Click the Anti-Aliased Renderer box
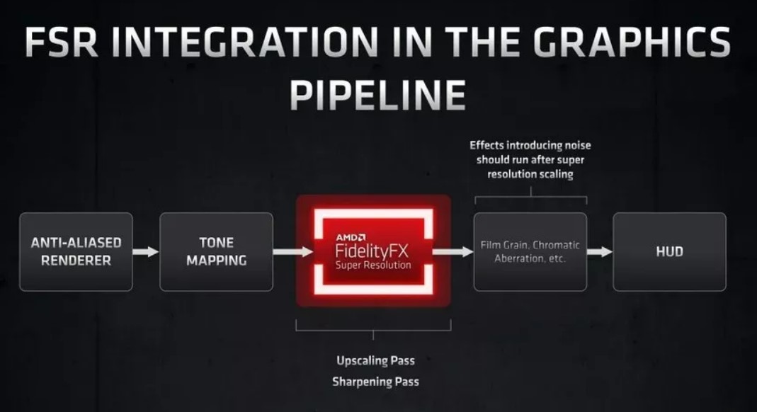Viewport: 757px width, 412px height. [x=76, y=251]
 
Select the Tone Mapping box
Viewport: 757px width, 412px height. [x=216, y=251]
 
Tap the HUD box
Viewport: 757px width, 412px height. [x=669, y=251]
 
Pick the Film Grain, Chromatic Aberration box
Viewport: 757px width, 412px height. [x=530, y=251]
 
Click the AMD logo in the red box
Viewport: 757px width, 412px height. [x=351, y=237]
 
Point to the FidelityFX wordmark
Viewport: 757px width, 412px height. [x=372, y=251]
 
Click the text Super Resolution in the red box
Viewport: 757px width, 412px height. [x=373, y=265]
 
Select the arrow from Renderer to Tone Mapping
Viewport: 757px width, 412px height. [x=146, y=251]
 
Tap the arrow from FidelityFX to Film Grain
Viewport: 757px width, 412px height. [x=453, y=251]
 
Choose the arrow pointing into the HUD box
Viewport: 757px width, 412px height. [x=600, y=251]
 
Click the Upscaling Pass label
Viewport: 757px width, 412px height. [x=375, y=360]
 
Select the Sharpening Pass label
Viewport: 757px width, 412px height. [x=375, y=382]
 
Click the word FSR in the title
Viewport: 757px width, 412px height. [x=62, y=42]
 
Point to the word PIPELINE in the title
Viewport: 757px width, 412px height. [x=377, y=95]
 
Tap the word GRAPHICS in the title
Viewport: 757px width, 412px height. [x=632, y=42]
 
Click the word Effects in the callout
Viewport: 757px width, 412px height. [x=486, y=145]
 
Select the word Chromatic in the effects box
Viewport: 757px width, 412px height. [x=556, y=245]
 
